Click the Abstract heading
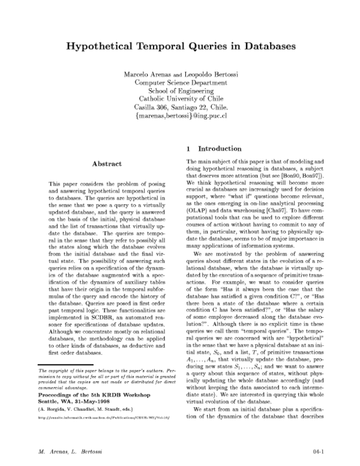[106, 163]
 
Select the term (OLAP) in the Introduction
[199, 208]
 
